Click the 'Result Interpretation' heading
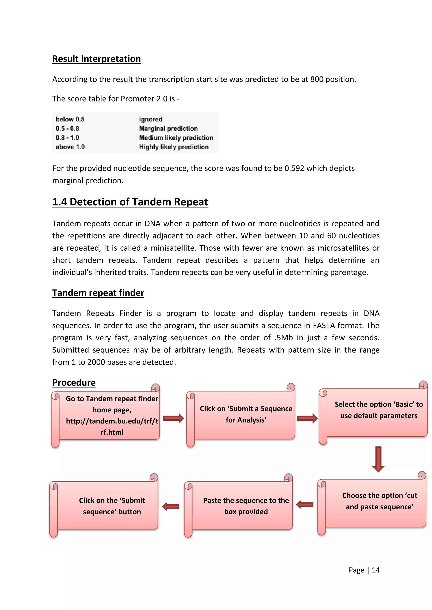pyautogui.click(x=96, y=59)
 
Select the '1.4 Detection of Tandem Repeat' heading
pyautogui.click(x=130, y=202)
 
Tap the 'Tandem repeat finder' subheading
pyautogui.click(x=98, y=293)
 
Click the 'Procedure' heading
pyautogui.click(x=74, y=383)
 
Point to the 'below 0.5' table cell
pyautogui.click(x=70, y=119)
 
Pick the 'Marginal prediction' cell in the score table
pyautogui.click(x=168, y=128)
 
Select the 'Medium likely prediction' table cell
pyautogui.click(x=176, y=138)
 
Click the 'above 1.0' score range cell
pyautogui.click(x=70, y=147)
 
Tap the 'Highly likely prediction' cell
pyautogui.click(x=174, y=147)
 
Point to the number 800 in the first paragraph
pyautogui.click(x=317, y=79)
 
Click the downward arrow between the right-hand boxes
pyautogui.click(x=378, y=459)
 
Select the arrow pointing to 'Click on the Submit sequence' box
pyautogui.click(x=171, y=506)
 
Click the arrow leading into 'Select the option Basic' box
pyautogui.click(x=307, y=418)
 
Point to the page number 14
pyautogui.click(x=376, y=570)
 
